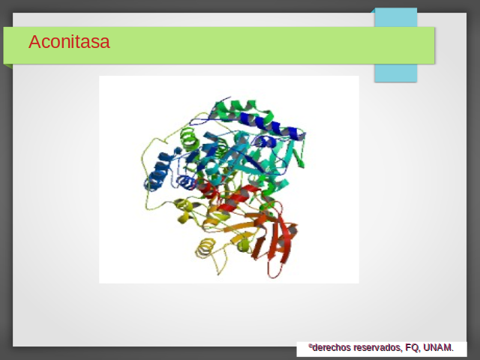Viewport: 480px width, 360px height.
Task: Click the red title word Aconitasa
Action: click(69, 42)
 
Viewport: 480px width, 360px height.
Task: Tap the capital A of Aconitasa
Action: click(34, 42)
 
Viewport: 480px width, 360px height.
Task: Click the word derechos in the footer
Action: click(331, 348)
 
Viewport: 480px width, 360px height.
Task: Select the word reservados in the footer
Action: click(376, 348)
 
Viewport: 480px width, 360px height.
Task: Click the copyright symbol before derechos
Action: click(310, 346)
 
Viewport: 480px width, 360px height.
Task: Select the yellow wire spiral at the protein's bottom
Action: click(205, 247)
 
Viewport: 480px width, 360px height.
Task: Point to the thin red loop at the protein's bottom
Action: click(274, 270)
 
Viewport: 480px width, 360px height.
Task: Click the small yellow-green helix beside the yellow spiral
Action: click(244, 244)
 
